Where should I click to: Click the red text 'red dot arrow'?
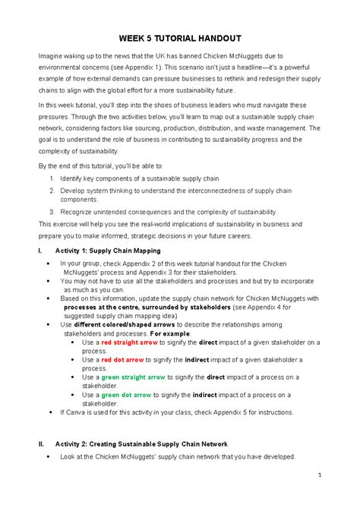(122, 359)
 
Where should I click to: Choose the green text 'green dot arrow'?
(126, 394)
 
